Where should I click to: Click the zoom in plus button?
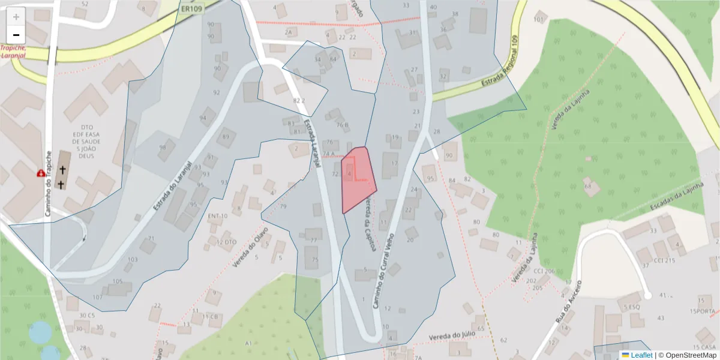pos(16,16)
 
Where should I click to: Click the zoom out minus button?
pos(16,34)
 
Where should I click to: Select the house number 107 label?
pos(97,297)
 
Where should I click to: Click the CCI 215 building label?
pos(664,260)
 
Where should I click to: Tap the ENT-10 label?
pos(217,216)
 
